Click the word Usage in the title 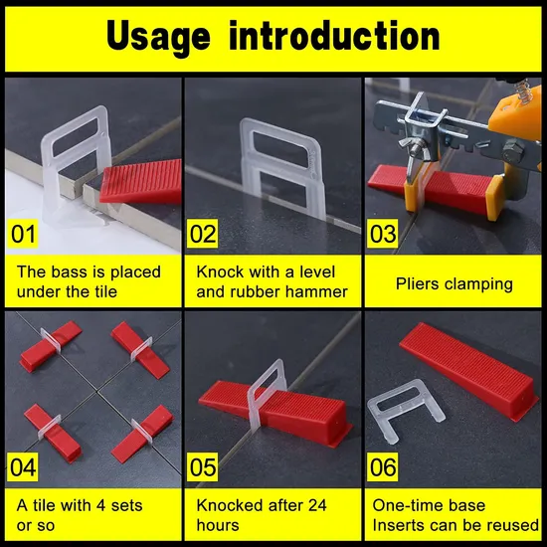(x=158, y=36)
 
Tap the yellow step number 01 (x=25, y=236)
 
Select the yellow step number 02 (x=204, y=236)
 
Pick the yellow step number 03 (x=384, y=236)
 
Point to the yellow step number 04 (x=25, y=464)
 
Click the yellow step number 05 (x=204, y=464)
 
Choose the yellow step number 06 (x=384, y=464)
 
